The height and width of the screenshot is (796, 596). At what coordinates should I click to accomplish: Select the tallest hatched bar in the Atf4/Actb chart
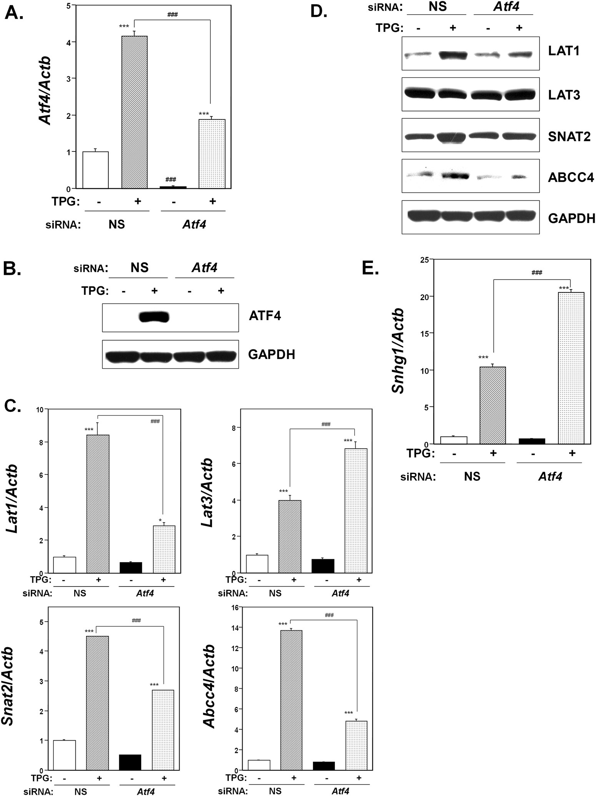point(135,111)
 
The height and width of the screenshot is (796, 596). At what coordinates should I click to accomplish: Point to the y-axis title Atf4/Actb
point(47,96)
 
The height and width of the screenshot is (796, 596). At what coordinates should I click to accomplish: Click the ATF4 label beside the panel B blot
point(265,316)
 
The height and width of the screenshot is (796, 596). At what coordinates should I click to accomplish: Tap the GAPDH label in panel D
point(571,218)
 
